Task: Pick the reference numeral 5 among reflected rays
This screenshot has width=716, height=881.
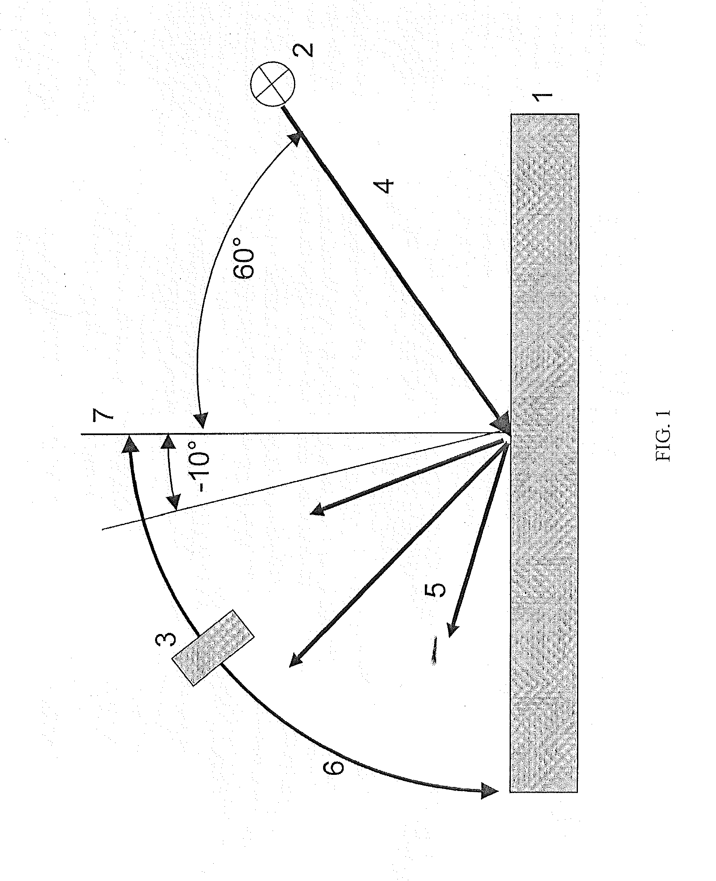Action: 435,590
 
